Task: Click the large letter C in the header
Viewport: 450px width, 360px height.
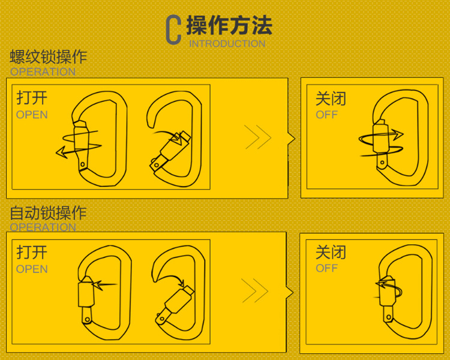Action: tap(173, 30)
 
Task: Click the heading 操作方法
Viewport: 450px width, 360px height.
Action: tap(229, 25)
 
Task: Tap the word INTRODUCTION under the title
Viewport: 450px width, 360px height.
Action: tap(227, 44)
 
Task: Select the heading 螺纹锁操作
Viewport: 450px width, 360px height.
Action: tap(49, 58)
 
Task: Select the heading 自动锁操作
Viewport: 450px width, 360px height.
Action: tap(49, 213)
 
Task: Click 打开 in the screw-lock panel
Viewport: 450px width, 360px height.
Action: tap(32, 98)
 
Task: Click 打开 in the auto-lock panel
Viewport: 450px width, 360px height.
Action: tap(32, 253)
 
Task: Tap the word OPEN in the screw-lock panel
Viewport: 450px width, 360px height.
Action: tap(32, 115)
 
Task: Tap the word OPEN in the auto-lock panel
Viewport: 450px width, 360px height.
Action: tap(32, 269)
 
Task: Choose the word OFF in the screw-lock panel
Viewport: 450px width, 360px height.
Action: tap(327, 115)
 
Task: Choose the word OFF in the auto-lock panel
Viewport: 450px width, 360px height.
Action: tap(327, 268)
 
